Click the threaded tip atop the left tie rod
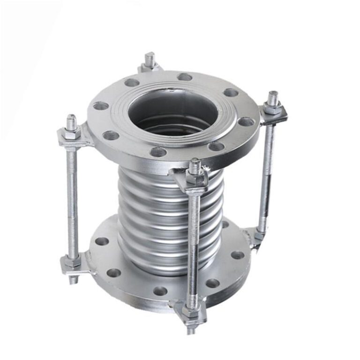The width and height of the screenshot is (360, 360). click(71, 122)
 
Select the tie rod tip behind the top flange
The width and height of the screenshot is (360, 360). click(150, 59)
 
